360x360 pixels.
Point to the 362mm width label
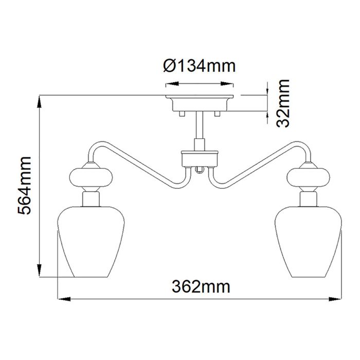[201, 285]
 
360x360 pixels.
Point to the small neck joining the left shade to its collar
[91, 197]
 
